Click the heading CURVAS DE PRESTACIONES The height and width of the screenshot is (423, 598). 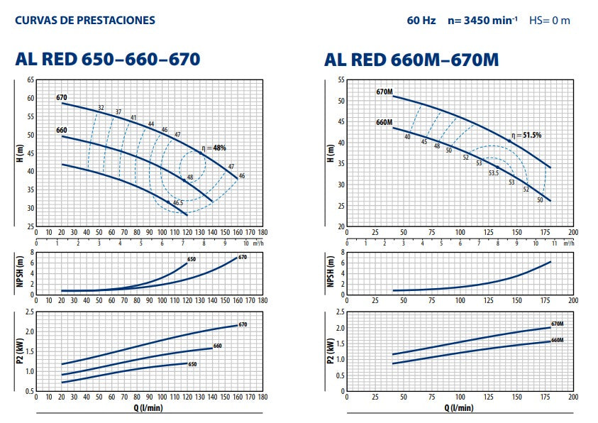84,20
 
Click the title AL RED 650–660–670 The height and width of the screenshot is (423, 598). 107,60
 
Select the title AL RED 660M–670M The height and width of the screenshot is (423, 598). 411,60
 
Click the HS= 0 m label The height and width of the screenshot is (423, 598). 549,20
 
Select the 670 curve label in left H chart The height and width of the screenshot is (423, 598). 62,97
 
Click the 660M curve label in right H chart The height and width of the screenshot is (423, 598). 384,122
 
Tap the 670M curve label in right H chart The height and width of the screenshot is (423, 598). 384,92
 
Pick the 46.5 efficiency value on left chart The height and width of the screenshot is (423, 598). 178,203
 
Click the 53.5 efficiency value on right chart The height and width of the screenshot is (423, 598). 492,172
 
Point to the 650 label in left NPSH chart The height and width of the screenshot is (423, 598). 191,259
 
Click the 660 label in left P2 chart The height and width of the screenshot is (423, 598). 218,346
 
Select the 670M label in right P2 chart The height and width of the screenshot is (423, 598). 557,324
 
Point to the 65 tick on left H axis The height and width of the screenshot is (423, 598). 31,79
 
